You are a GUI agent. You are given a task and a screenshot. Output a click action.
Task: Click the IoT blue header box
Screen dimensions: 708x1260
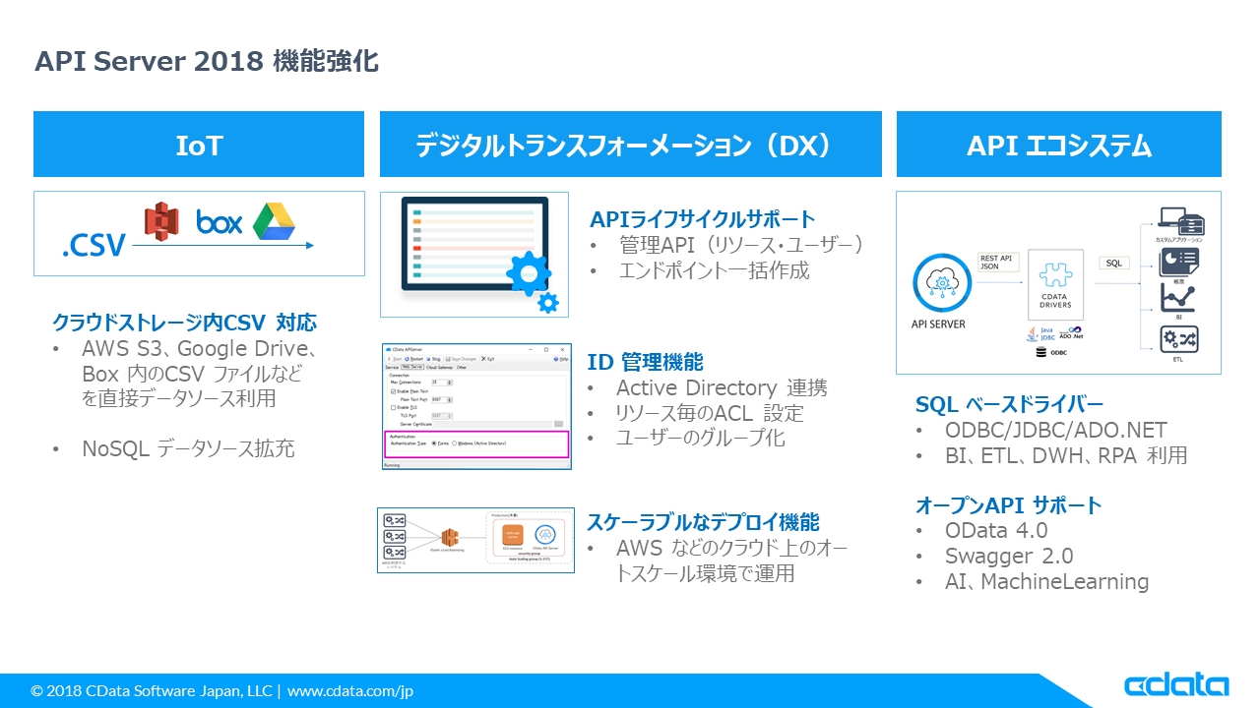coord(199,145)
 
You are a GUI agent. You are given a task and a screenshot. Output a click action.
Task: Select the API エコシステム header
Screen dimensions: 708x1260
coord(1058,145)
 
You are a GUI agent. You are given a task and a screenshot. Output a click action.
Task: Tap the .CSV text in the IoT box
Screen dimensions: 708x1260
coord(94,245)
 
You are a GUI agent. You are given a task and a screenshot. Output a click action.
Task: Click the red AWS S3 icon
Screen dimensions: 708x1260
coord(161,221)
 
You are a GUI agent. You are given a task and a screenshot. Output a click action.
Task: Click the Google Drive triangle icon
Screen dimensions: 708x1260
coord(274,221)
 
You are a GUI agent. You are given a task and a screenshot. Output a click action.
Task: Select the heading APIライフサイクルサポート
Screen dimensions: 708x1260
coord(702,218)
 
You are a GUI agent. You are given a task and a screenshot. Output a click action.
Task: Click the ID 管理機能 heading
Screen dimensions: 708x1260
coord(645,362)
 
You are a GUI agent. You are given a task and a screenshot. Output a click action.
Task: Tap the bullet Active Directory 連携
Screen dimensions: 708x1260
coord(721,387)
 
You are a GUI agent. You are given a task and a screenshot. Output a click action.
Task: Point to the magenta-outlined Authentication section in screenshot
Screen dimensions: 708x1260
coord(476,442)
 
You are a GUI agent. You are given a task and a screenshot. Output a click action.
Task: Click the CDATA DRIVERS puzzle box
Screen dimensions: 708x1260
coord(1055,285)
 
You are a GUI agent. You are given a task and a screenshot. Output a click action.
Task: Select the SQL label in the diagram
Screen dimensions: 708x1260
coord(1113,263)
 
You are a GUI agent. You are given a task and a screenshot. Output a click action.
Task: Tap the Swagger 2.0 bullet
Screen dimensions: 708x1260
coord(1008,556)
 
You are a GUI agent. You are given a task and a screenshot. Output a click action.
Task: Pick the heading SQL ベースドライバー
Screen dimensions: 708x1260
coord(1009,404)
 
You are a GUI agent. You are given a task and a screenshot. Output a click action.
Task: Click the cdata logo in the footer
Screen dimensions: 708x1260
coord(1176,685)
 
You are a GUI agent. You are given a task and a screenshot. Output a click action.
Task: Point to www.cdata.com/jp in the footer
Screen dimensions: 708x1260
coord(349,691)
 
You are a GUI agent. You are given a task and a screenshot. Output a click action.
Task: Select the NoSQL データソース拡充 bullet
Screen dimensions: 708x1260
coord(187,449)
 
